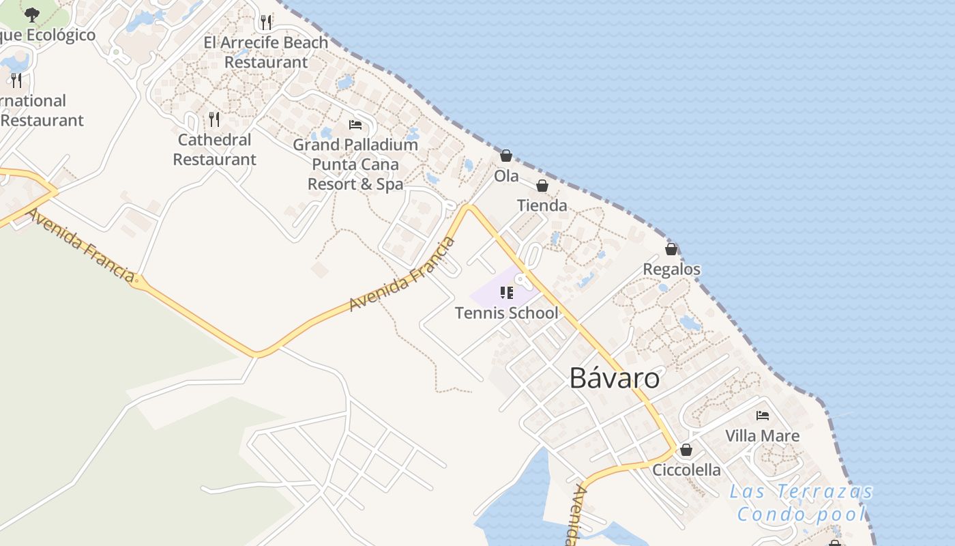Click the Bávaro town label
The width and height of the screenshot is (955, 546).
point(615,378)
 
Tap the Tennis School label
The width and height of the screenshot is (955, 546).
point(506,313)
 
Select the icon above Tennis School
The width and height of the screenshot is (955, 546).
point(506,293)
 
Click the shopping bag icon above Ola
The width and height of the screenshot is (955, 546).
point(506,156)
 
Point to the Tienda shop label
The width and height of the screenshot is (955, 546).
point(542,205)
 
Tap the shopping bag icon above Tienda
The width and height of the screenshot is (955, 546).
point(542,186)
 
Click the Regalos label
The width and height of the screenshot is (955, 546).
point(671,269)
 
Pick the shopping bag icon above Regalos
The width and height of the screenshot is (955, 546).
point(671,249)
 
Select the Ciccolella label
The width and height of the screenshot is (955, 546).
point(686,470)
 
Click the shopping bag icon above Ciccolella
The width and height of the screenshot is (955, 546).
point(686,450)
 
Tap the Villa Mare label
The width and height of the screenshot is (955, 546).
point(762,435)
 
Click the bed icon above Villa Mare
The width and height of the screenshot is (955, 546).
point(763,415)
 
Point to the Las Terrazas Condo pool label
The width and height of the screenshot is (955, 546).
point(801,502)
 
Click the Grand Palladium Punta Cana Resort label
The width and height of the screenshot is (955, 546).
point(355,164)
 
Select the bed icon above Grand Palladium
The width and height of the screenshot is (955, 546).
point(355,124)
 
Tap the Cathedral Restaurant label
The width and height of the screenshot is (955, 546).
point(214,149)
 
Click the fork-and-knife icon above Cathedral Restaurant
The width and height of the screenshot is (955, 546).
point(214,119)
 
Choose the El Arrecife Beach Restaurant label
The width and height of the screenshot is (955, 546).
point(266,52)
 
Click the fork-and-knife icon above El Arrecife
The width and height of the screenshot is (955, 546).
point(266,22)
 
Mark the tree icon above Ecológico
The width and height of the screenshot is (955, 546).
point(32,14)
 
